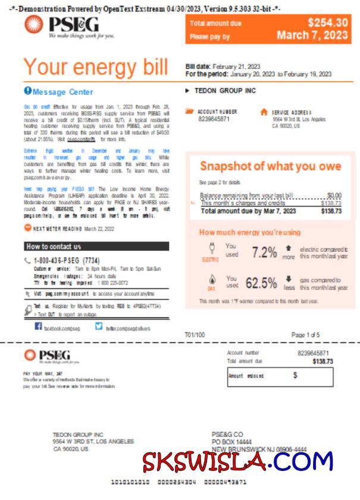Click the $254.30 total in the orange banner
click(x=327, y=23)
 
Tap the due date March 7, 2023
click(x=312, y=36)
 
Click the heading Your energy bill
click(x=95, y=67)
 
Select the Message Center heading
click(x=62, y=92)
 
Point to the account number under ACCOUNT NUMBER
click(x=214, y=119)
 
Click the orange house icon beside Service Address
click(x=264, y=111)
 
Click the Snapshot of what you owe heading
click(x=270, y=166)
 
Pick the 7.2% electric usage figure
click(x=264, y=252)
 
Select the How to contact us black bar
click(x=96, y=246)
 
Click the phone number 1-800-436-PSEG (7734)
click(x=67, y=260)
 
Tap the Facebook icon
click(x=38, y=326)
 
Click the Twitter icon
click(x=99, y=326)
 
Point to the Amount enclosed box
click(x=280, y=376)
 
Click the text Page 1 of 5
click(x=305, y=335)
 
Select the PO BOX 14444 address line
click(x=231, y=442)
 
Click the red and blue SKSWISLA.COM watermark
click(x=237, y=461)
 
